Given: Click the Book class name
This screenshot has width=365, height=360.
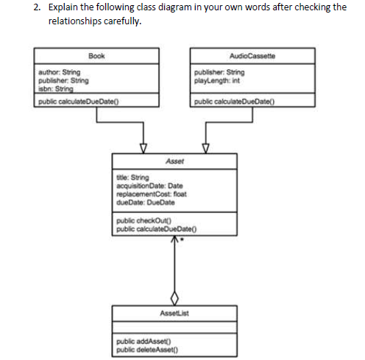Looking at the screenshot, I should click(x=95, y=56).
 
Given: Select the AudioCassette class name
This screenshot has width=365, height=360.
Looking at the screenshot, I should click(x=251, y=56).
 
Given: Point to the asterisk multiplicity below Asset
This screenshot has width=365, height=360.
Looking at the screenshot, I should click(x=182, y=241).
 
